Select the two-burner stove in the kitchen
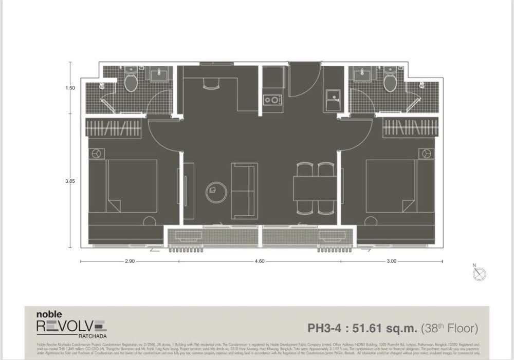coord(271,99)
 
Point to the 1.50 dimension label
coord(70,88)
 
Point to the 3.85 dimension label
coord(70,181)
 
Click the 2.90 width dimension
coord(130,261)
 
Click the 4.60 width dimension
coord(260,261)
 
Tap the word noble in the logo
coord(49,314)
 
